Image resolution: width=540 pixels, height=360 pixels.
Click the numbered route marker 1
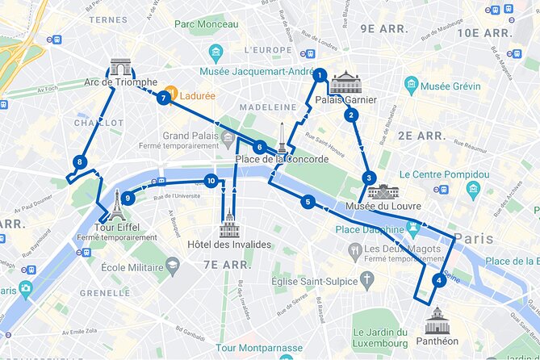point(320,76)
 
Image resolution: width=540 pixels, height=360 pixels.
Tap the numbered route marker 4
point(438,281)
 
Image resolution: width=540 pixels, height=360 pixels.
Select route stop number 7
point(164,98)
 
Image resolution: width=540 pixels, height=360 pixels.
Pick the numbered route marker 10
point(211,181)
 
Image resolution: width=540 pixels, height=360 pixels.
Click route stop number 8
point(79,162)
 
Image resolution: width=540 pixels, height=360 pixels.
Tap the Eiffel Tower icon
point(118,205)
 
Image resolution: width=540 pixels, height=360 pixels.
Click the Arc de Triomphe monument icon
point(120,67)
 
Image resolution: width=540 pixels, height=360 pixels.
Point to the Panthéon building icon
point(437,320)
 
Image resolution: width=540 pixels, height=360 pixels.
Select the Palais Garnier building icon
point(346,82)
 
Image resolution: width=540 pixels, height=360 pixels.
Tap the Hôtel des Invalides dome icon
point(229,224)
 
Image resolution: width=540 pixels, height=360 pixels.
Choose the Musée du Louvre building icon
point(383,191)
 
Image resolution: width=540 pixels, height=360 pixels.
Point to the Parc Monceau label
point(208,25)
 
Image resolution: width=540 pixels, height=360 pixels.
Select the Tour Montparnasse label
point(259,348)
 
